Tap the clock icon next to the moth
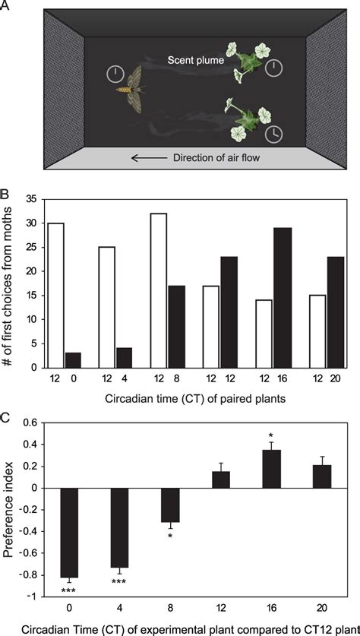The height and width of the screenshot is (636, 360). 114,74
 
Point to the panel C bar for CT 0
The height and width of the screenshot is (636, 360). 71,533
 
